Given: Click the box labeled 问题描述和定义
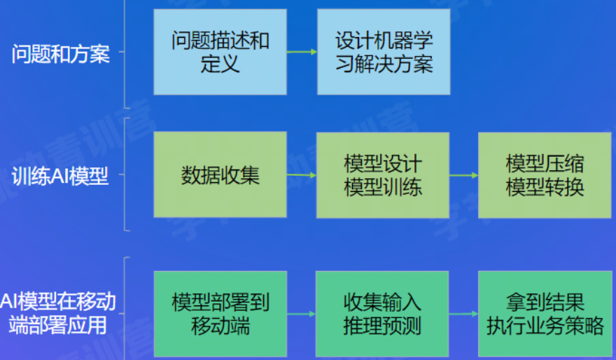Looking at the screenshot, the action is [x=220, y=52].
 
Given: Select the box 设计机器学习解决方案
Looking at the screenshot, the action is [x=383, y=52].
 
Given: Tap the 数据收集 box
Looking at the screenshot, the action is [x=220, y=174].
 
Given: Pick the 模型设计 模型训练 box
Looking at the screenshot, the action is [x=383, y=174].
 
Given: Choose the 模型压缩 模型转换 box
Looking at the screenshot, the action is [x=545, y=174].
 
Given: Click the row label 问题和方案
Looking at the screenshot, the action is [x=61, y=55].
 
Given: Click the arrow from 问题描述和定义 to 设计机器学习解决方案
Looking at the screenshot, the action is [x=302, y=52].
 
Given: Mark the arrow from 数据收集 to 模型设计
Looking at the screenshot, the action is [x=302, y=174].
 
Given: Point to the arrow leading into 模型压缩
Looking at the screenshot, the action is [x=463, y=174].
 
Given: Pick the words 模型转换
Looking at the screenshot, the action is [x=545, y=188].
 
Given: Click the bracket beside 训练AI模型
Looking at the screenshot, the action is [x=125, y=174].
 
